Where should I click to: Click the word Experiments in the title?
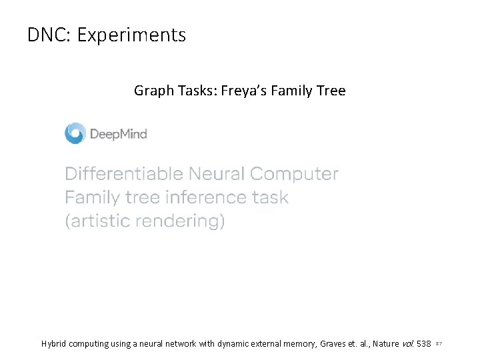point(131,35)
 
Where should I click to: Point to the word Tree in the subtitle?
point(331,91)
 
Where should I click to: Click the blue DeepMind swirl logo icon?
point(75,133)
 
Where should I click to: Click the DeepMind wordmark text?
point(118,134)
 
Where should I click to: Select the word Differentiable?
point(123,175)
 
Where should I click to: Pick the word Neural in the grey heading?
point(217,175)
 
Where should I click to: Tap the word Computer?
point(294,175)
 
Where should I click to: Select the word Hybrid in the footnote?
point(55,344)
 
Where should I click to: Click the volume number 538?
point(423,344)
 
